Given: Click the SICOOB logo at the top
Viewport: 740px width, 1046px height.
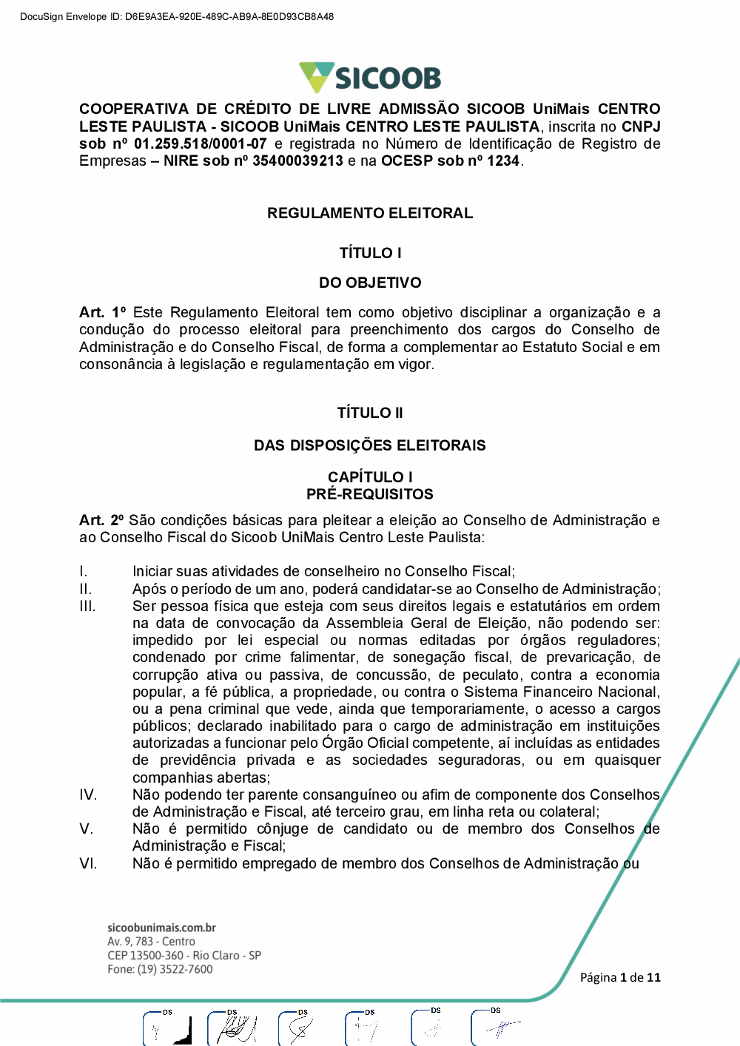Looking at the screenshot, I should pos(370,78).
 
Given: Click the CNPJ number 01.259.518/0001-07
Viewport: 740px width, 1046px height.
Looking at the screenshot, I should pos(200,144).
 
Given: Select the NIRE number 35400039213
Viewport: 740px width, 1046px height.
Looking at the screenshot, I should pos(297,161).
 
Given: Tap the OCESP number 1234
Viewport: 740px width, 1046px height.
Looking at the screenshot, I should pos(503,161).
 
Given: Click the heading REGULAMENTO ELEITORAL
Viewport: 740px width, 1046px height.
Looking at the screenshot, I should pos(370,213).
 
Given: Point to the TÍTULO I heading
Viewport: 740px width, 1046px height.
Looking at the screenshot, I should pos(370,253).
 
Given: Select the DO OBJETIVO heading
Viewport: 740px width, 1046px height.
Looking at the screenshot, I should pos(370,283).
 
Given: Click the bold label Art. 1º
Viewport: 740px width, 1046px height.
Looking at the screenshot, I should pos(102,313).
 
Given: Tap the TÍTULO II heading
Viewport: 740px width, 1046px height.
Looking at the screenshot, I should pos(370,413).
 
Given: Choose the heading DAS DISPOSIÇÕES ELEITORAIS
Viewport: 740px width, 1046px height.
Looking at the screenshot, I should pos(370,445).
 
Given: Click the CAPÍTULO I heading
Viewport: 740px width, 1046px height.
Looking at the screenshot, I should pos(370,477).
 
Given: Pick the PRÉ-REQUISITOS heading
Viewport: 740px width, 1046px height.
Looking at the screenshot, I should pos(370,494).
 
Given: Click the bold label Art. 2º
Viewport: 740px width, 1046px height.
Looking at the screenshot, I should pos(102,521).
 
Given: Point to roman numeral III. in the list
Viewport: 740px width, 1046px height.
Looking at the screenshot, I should pos(87,607).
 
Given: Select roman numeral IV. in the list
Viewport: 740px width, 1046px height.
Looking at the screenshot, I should pos(88,795).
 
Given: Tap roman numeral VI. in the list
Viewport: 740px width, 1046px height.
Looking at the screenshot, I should pos(88,864).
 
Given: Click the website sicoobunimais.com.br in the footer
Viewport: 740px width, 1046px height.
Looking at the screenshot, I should pos(161,928).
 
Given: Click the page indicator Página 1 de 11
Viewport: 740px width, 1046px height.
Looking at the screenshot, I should pos(620,977).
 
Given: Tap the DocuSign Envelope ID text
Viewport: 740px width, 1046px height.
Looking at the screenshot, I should pos(177,16).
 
